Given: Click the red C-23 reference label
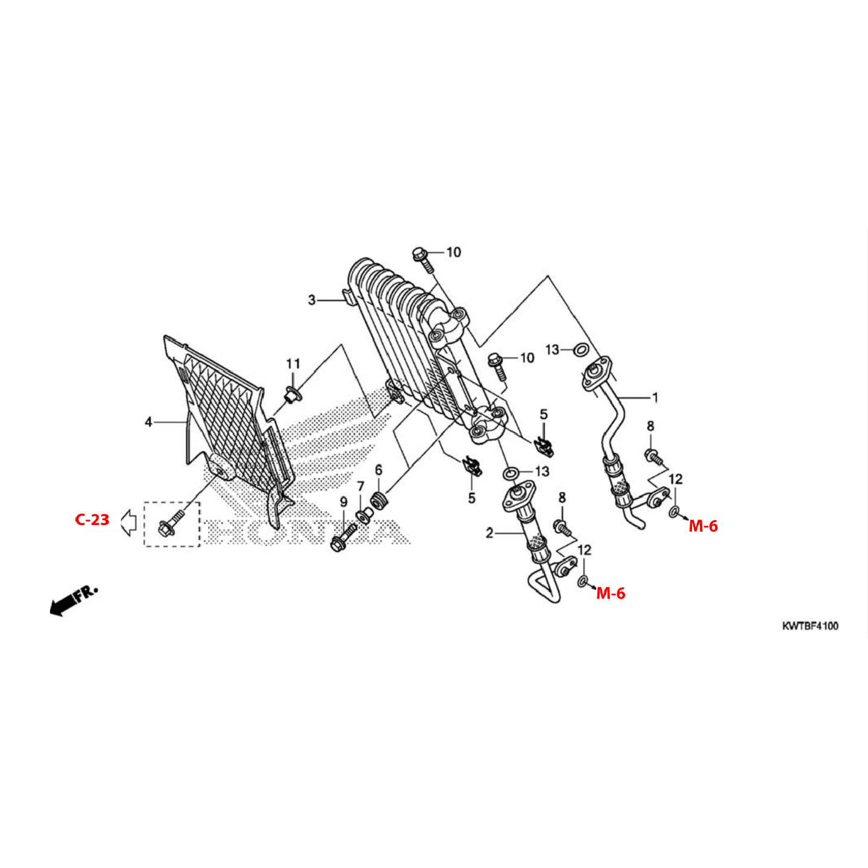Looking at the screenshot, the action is tap(92, 520).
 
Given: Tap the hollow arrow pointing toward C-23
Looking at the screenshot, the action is tap(128, 523).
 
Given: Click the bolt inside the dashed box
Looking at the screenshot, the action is tap(171, 523).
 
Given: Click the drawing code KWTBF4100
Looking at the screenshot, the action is tap(810, 626).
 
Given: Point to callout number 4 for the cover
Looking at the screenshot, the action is tap(149, 423).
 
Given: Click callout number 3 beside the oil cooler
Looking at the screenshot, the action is tap(312, 300).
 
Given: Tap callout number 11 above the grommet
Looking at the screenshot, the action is tap(293, 363).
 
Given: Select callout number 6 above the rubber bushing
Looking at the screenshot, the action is tap(379, 470).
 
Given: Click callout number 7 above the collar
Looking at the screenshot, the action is tap(360, 486).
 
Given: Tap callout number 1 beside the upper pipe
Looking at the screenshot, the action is tap(655, 398).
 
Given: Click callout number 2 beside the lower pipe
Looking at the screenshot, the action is tap(489, 533).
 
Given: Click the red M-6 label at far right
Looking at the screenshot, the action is tap(703, 526).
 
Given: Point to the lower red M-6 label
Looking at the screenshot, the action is tap(611, 594).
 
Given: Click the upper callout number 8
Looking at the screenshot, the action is tap(650, 426).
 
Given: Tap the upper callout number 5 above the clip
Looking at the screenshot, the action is tap(544, 414).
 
